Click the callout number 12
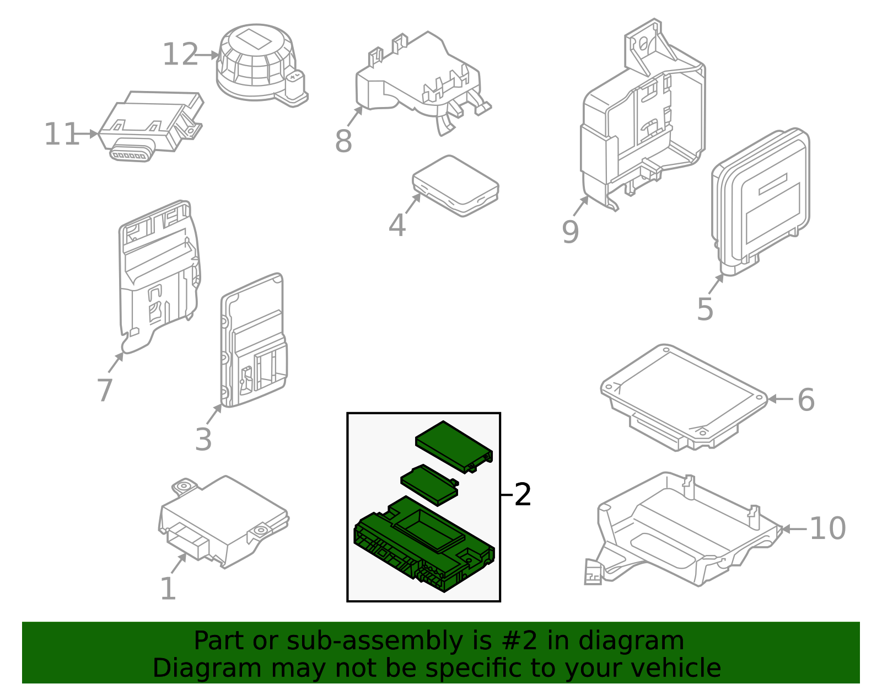pyautogui.click(x=180, y=55)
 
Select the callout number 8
pyautogui.click(x=343, y=141)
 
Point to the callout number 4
pyautogui.click(x=397, y=225)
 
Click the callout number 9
pyautogui.click(x=571, y=232)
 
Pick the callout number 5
pyautogui.click(x=705, y=309)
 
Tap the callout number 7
pyautogui.click(x=105, y=390)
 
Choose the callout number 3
pyautogui.click(x=203, y=439)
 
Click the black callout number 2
pyautogui.click(x=523, y=494)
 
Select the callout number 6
pyautogui.click(x=806, y=400)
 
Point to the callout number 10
pyautogui.click(x=827, y=528)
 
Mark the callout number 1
pyautogui.click(x=168, y=588)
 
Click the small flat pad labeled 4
pyautogui.click(x=455, y=185)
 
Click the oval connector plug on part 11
pyautogui.click(x=131, y=154)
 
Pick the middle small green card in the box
pyautogui.click(x=429, y=485)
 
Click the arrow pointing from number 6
pyautogui.click(x=781, y=399)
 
